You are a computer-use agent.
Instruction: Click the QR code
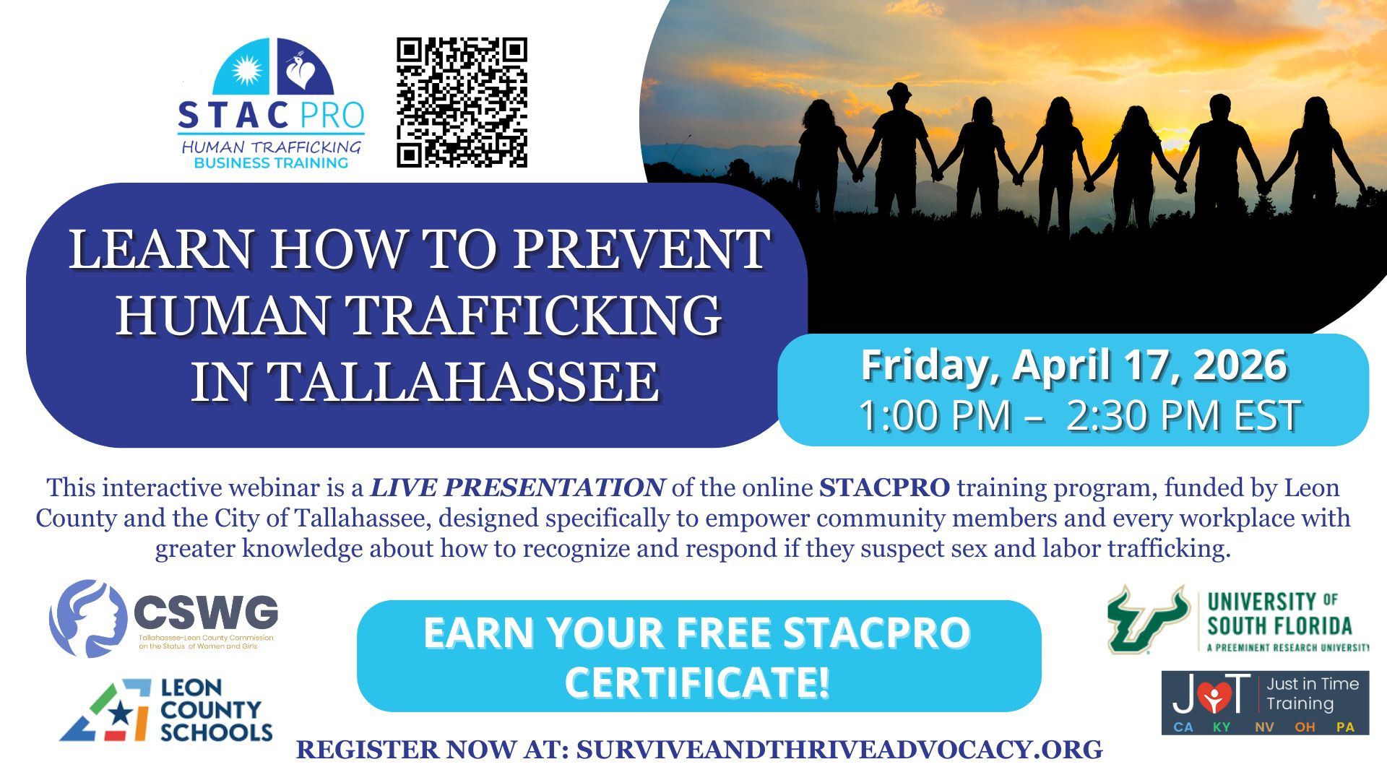(x=462, y=103)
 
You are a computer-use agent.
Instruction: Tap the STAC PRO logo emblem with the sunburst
(x=273, y=66)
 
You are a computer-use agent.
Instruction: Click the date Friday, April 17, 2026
(x=1073, y=365)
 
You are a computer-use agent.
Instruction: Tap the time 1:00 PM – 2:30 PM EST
(x=1079, y=415)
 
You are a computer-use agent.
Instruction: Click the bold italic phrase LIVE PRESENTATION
(x=517, y=488)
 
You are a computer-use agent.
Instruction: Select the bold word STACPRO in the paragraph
(x=884, y=488)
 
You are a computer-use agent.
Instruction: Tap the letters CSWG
(x=206, y=613)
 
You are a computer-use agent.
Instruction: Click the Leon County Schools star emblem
(x=107, y=711)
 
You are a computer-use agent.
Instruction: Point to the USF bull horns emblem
(x=1149, y=619)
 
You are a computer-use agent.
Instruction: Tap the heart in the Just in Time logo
(x=1214, y=695)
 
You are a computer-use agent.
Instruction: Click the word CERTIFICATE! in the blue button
(x=697, y=682)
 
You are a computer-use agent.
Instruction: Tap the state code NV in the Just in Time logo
(x=1264, y=727)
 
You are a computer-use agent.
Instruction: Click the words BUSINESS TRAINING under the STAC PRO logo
(x=271, y=163)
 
